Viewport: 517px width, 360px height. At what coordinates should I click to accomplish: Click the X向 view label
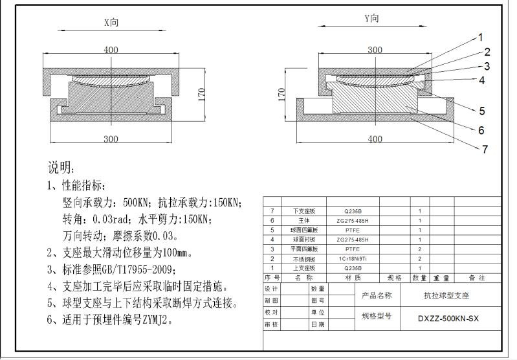click(111, 22)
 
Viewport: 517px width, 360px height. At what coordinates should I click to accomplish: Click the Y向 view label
click(372, 19)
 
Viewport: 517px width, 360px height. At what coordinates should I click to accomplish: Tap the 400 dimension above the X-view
click(111, 50)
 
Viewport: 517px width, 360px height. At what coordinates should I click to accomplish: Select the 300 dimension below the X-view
click(111, 139)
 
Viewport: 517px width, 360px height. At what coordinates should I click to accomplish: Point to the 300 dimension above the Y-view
click(375, 50)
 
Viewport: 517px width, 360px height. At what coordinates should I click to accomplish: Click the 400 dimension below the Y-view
click(375, 139)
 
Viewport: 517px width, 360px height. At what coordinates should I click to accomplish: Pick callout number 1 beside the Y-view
click(481, 37)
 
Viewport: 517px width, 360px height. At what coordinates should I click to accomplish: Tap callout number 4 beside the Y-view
click(482, 80)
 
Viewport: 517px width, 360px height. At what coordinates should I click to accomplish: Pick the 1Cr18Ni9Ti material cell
click(353, 258)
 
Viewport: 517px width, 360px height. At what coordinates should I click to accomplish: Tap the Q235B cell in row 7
click(353, 211)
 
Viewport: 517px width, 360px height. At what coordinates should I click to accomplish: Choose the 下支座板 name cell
click(304, 211)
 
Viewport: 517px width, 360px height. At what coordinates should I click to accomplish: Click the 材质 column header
click(353, 277)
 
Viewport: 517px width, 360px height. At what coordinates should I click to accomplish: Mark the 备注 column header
click(477, 277)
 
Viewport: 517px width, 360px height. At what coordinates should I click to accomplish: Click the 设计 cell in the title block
click(272, 289)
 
